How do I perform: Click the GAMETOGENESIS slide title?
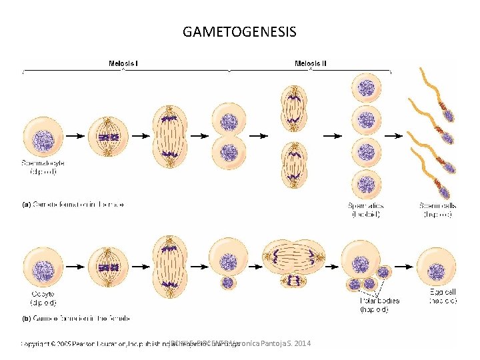239,31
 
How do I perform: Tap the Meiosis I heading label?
123,64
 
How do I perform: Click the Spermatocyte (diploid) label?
43,167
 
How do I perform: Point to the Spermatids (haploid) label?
366,210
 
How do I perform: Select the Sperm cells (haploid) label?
438,210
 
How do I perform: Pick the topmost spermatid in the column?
366,87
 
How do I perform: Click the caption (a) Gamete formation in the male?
74,204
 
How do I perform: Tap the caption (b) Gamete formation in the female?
77,319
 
